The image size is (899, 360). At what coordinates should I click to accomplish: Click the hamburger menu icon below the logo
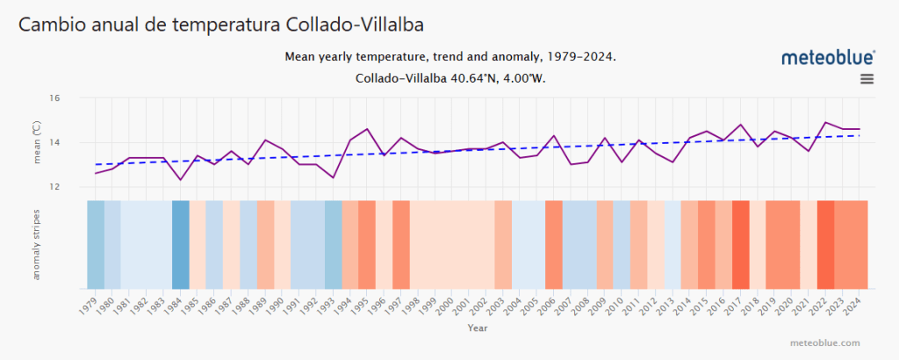pyautogui.click(x=867, y=79)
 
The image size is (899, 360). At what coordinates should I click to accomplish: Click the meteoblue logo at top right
pyautogui.click(x=828, y=57)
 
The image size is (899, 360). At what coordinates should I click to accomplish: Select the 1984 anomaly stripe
pyautogui.click(x=181, y=245)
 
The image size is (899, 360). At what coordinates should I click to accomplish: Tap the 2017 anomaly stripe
pyautogui.click(x=740, y=245)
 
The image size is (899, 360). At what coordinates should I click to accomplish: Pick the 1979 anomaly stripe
pyautogui.click(x=96, y=245)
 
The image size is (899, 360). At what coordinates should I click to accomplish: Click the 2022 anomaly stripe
pyautogui.click(x=825, y=245)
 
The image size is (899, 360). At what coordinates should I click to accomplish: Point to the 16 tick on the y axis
pyautogui.click(x=77, y=98)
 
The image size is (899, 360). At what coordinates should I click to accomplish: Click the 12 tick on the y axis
pyautogui.click(x=77, y=187)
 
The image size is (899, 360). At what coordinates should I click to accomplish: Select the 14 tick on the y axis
pyautogui.click(x=77, y=142)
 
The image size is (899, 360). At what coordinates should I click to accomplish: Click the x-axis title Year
pyautogui.click(x=478, y=328)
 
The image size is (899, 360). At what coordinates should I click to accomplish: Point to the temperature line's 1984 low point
pyautogui.click(x=181, y=180)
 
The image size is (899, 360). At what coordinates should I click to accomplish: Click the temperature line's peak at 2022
pyautogui.click(x=825, y=123)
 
